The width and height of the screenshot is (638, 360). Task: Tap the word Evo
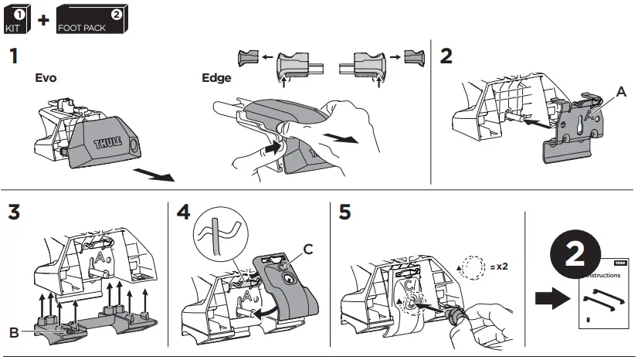(47, 78)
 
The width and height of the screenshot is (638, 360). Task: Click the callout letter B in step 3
(15, 332)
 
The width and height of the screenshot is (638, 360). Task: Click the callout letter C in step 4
(307, 249)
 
